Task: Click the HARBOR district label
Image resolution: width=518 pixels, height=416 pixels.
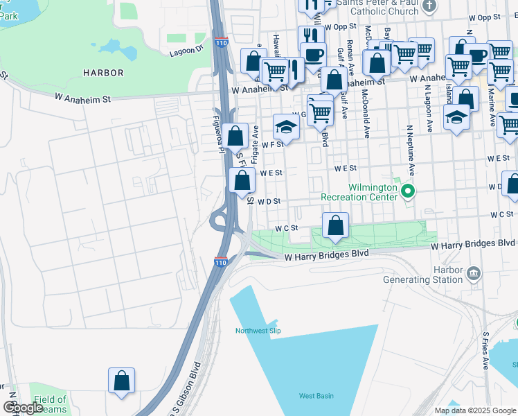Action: coord(103,73)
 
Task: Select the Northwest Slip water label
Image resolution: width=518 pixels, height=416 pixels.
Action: coord(257,331)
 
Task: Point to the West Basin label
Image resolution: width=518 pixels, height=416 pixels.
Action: coord(316,396)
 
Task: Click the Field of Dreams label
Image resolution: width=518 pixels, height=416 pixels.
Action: coord(50,404)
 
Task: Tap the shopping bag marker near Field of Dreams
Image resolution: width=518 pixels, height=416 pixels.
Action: coord(121,381)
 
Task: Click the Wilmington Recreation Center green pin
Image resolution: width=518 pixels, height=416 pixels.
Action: coord(408,191)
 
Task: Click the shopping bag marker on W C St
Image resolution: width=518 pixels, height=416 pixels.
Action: coord(335,226)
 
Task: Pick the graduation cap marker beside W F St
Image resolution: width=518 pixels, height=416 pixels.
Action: coord(286,128)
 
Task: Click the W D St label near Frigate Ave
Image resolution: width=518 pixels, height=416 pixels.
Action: coord(268,202)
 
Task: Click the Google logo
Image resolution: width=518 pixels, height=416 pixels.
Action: coord(24,408)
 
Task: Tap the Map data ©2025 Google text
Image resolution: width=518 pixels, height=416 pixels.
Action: coord(474,410)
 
